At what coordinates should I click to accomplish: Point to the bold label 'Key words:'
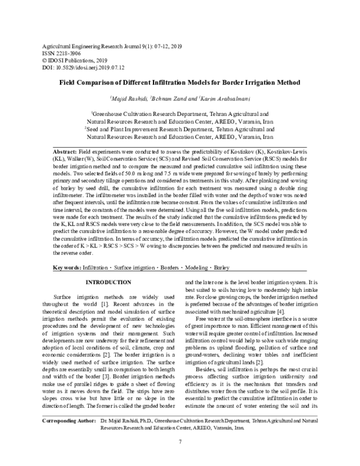point(67,266)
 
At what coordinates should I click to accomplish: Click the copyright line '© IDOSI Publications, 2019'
point(71,61)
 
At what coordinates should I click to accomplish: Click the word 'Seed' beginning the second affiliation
point(96,128)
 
